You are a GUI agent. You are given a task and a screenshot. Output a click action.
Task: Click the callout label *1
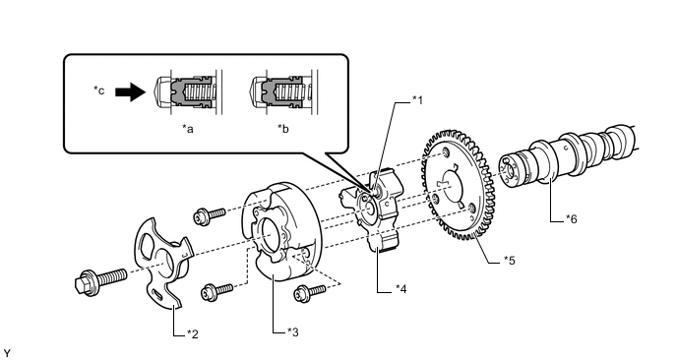(x=417, y=100)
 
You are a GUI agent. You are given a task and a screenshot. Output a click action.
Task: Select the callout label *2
(x=193, y=334)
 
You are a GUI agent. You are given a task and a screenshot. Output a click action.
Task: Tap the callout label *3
(x=293, y=332)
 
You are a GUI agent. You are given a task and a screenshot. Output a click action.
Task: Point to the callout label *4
(x=401, y=289)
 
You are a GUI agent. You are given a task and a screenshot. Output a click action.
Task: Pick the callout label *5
(x=510, y=261)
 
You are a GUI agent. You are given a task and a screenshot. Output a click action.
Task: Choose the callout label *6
(x=571, y=219)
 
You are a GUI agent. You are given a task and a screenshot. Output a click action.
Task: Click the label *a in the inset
(x=187, y=129)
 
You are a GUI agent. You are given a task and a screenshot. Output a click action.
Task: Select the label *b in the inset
(x=283, y=129)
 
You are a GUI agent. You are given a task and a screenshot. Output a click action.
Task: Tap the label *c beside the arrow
(x=99, y=90)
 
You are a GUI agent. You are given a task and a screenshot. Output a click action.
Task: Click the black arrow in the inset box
(x=130, y=91)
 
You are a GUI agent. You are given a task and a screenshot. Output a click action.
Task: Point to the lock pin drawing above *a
(x=188, y=91)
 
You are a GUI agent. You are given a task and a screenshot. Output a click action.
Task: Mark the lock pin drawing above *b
(x=283, y=91)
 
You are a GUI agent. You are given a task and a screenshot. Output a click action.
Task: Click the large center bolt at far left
(x=100, y=280)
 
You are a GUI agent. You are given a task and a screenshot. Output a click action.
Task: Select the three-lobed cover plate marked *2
(x=163, y=264)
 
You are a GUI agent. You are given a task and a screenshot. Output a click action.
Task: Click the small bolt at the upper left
(x=210, y=215)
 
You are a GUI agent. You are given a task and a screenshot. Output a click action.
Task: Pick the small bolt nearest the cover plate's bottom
(x=216, y=291)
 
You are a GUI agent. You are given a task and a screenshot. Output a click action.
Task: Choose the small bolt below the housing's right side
(x=310, y=293)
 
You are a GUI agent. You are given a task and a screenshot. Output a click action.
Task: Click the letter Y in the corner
(x=6, y=353)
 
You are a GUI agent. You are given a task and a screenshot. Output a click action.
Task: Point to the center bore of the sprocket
(x=451, y=188)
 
